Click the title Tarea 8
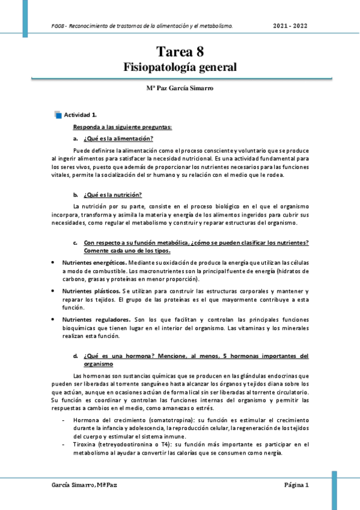click(x=180, y=52)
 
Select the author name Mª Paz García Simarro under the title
click(x=180, y=88)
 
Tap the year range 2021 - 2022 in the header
click(x=291, y=26)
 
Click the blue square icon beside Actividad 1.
click(x=58, y=114)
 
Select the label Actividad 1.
click(x=81, y=114)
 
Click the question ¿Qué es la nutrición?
click(x=112, y=194)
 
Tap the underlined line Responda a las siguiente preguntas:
click(x=123, y=127)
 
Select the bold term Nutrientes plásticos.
click(x=90, y=290)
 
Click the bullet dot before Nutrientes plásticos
click(x=53, y=290)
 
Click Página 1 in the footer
click(x=296, y=485)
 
